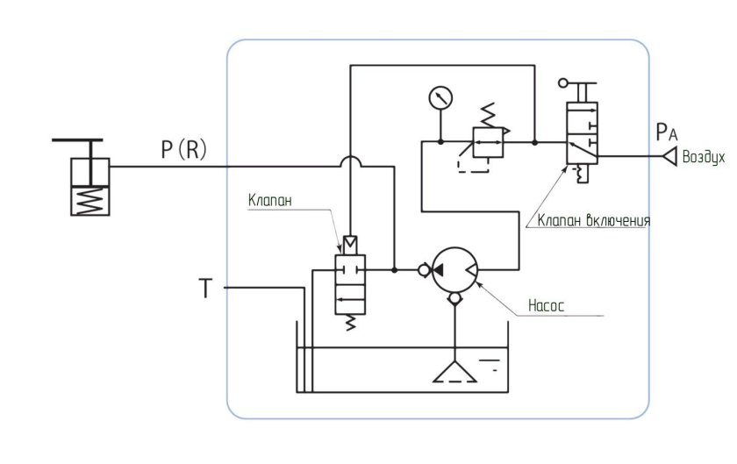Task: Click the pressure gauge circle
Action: [x=440, y=98]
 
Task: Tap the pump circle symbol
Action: [x=454, y=270]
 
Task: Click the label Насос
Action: [x=546, y=306]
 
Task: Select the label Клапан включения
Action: [x=594, y=220]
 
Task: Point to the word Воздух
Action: [x=704, y=157]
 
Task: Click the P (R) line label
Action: [x=183, y=150]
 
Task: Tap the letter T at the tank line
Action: [x=205, y=288]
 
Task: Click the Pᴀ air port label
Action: [x=667, y=132]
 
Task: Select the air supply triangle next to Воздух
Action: [x=669, y=156]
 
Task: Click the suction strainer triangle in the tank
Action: [x=454, y=371]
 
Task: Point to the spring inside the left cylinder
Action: [x=90, y=201]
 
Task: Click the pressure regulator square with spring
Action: [x=489, y=142]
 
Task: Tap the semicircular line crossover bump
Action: [x=350, y=161]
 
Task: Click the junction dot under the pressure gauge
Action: [x=440, y=141]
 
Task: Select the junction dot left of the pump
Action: [x=394, y=270]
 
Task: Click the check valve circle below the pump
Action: [x=454, y=298]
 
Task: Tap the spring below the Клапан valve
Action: [x=350, y=323]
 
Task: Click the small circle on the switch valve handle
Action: [x=563, y=83]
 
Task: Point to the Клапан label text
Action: [x=270, y=200]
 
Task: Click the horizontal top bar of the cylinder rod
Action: [x=77, y=140]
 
